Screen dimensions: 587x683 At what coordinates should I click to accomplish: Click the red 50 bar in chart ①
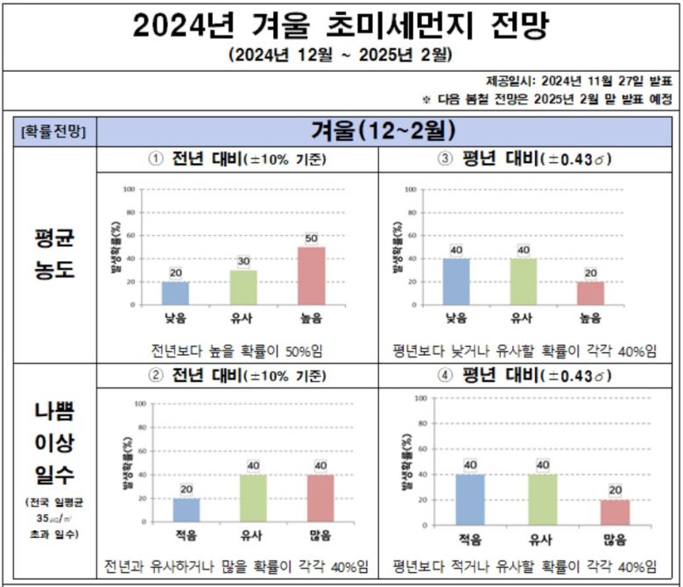(x=311, y=276)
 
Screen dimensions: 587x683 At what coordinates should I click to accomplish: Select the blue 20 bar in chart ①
(x=175, y=293)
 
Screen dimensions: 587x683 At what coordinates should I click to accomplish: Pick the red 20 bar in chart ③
(x=591, y=293)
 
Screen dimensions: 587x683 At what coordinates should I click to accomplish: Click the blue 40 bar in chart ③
(x=456, y=281)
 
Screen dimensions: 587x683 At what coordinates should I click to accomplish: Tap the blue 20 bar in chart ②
(x=186, y=510)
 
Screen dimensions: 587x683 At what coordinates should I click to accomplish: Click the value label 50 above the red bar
(x=311, y=238)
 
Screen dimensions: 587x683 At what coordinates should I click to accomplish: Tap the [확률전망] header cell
(x=50, y=132)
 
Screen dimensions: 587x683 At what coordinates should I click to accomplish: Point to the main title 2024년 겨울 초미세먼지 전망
(x=341, y=26)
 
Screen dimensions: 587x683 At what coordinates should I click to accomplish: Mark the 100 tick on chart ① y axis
(x=129, y=189)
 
